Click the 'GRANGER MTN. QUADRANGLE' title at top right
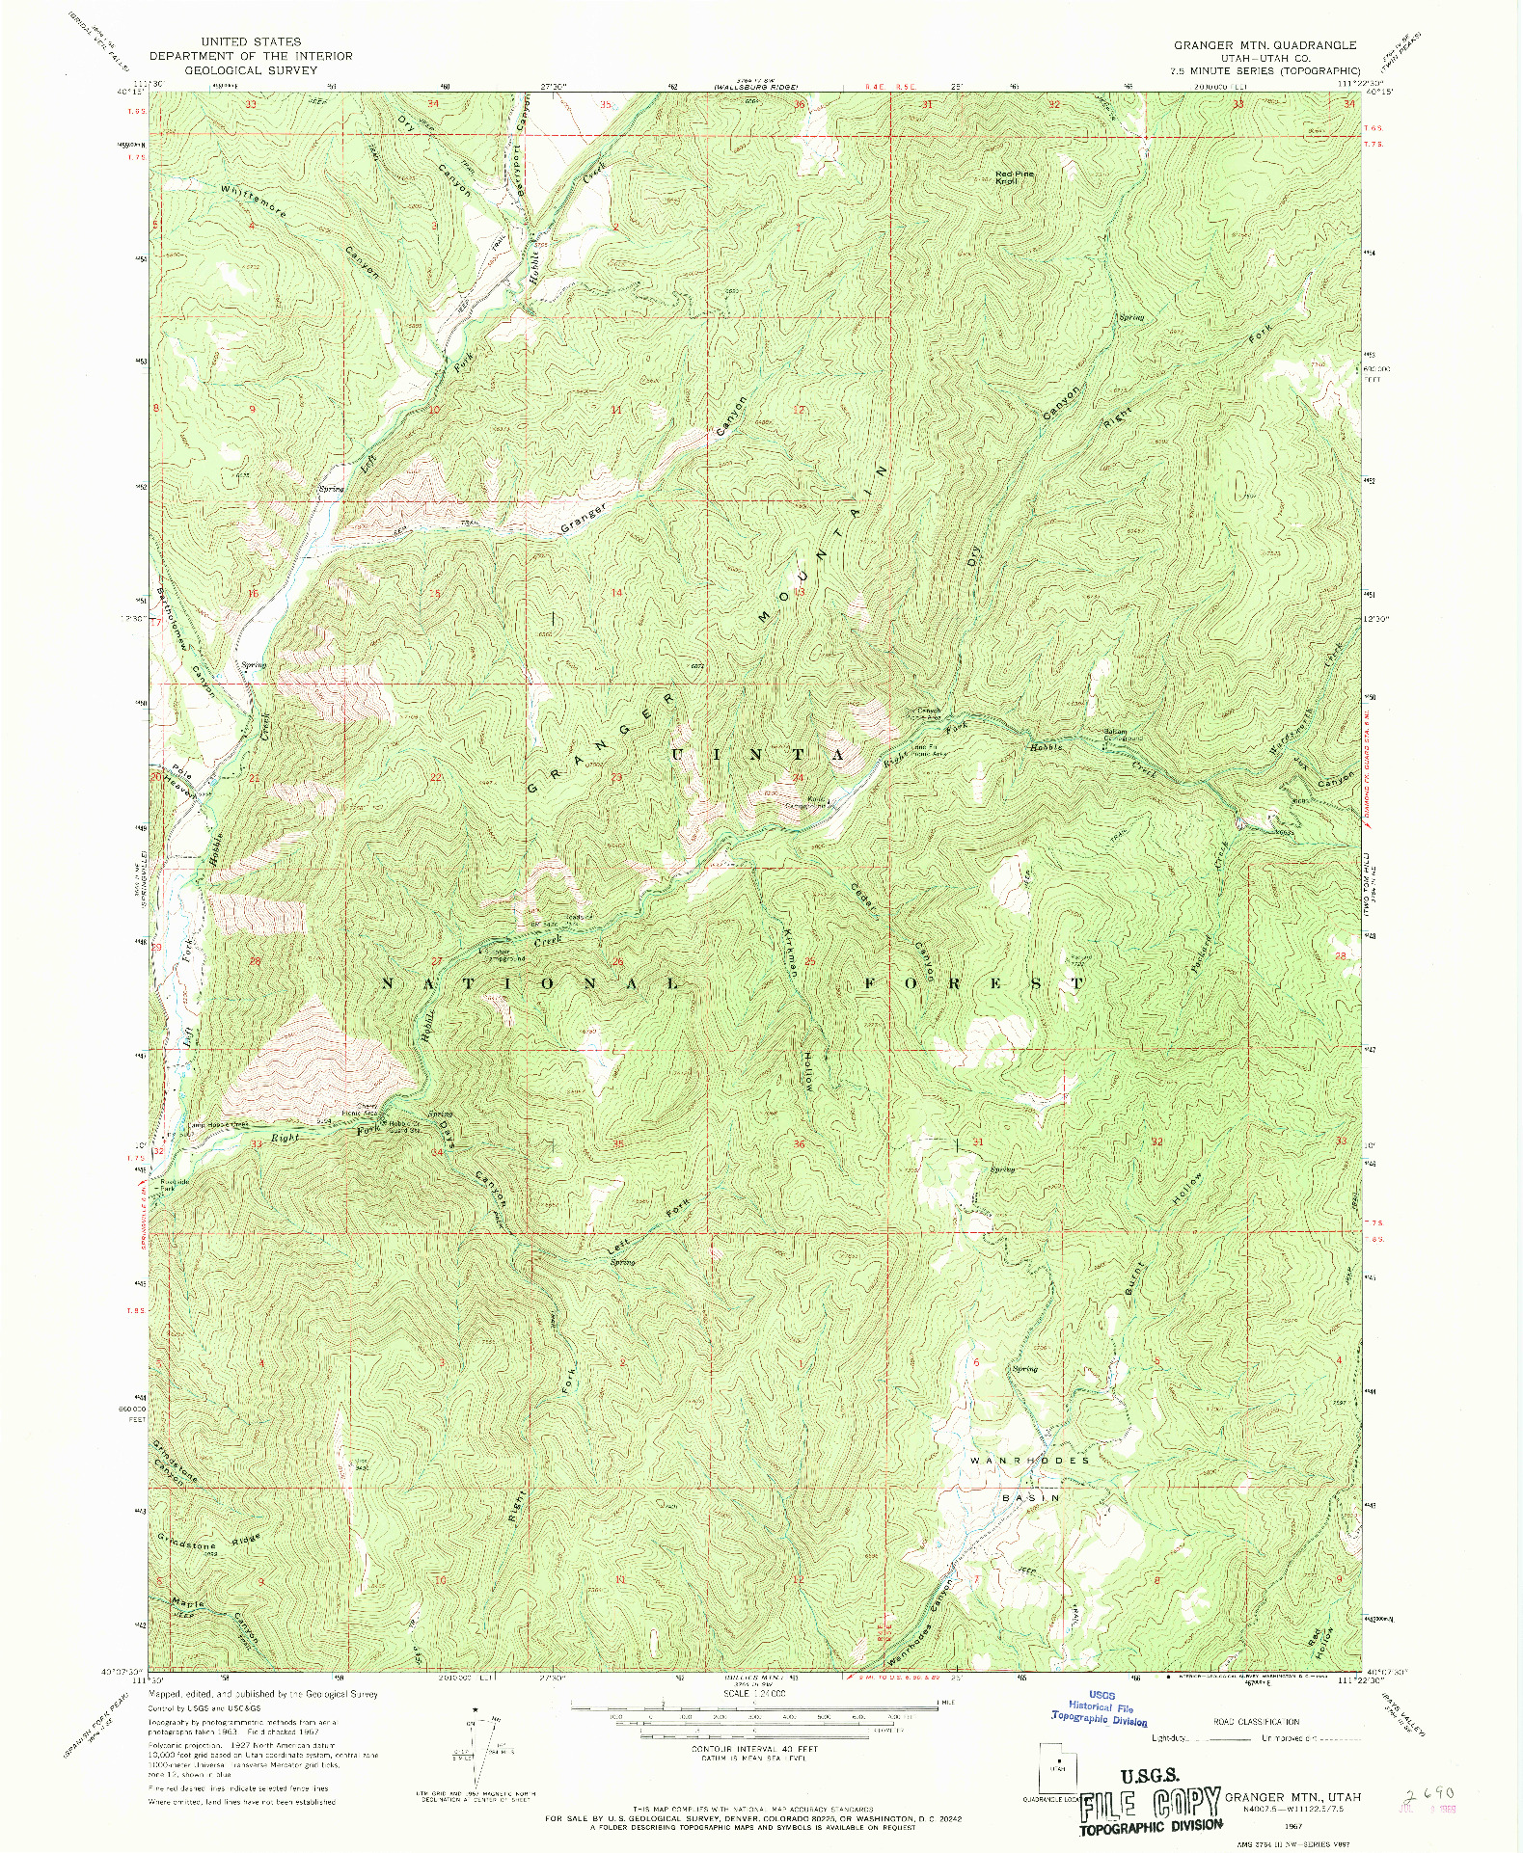tap(1265, 45)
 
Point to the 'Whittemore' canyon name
tap(253, 201)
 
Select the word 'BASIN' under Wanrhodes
tap(1030, 1498)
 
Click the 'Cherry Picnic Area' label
tap(370, 1110)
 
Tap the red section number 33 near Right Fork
tap(256, 1143)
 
